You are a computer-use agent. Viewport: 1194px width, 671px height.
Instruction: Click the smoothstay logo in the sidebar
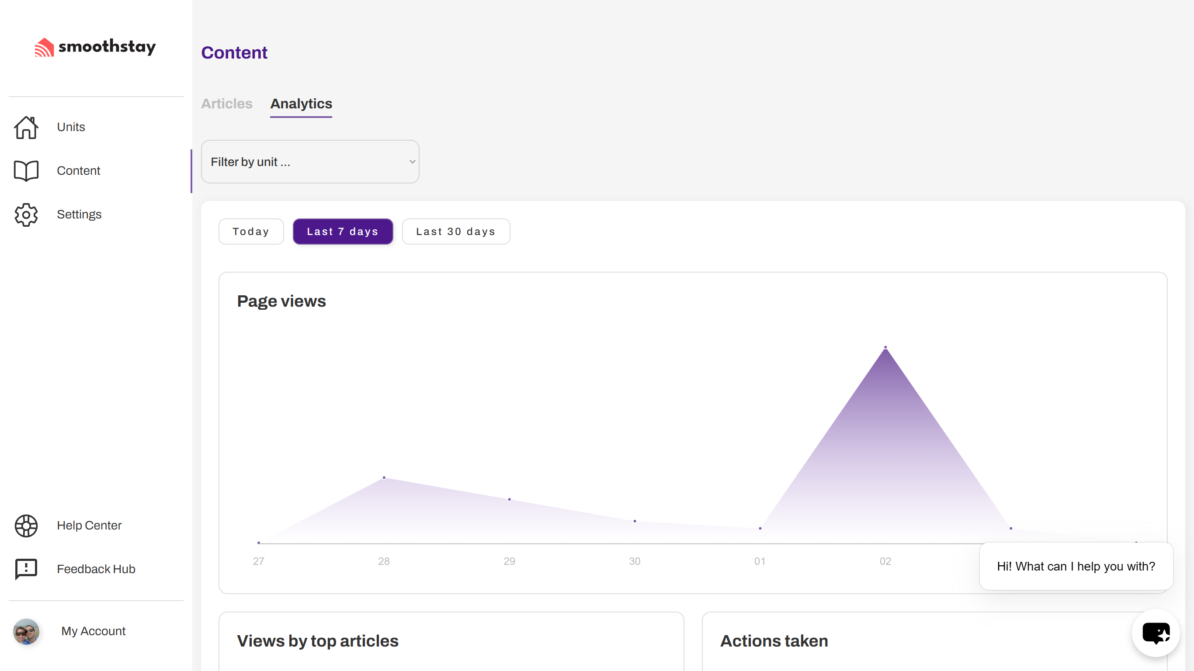click(x=95, y=47)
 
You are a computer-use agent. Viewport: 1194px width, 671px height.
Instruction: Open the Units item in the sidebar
click(x=71, y=127)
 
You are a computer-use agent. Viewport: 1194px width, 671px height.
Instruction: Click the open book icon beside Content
click(x=26, y=170)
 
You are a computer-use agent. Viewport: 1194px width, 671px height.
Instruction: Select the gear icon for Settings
click(x=26, y=214)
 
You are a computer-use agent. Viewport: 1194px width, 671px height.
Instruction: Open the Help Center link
click(x=89, y=525)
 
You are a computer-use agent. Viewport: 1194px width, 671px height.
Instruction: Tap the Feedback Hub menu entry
click(x=96, y=569)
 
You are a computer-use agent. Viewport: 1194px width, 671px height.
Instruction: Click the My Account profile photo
click(x=26, y=631)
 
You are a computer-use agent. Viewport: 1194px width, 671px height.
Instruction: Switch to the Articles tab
click(x=227, y=104)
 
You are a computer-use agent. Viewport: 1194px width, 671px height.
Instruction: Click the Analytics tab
click(x=301, y=104)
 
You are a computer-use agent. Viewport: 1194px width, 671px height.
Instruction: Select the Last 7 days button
click(x=343, y=231)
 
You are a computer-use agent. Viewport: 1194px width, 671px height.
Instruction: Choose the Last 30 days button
click(x=456, y=231)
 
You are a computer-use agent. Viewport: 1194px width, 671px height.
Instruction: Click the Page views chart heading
click(x=281, y=301)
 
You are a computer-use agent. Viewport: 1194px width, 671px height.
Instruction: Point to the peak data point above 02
click(x=885, y=347)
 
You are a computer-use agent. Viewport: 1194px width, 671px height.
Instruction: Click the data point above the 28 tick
click(x=384, y=477)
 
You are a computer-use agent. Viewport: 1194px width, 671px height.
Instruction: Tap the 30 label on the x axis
click(x=635, y=561)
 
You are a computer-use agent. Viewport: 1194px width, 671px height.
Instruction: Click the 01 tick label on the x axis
click(x=760, y=561)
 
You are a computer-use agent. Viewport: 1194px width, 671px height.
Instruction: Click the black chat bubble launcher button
click(x=1156, y=633)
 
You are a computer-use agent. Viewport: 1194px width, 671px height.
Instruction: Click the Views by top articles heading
click(x=317, y=641)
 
